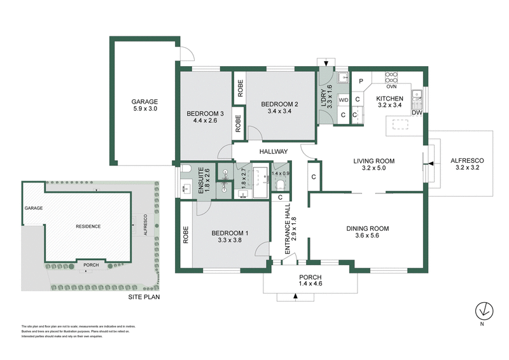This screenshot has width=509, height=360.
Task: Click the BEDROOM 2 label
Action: pos(280,104)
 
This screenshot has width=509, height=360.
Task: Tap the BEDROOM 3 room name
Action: pos(202,114)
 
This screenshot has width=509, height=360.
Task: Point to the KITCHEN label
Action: pos(389,99)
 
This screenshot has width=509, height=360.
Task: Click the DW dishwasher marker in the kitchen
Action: pos(417,113)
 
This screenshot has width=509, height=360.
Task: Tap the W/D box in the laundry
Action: pos(343,100)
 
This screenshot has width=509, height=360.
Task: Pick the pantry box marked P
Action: pos(361,81)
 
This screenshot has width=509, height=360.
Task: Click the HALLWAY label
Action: pos(274,151)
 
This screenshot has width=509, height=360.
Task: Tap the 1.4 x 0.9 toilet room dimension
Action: pos(280,174)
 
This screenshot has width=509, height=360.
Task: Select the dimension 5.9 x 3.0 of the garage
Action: pos(144,109)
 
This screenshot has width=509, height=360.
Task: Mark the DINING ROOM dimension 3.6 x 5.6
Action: pos(367,237)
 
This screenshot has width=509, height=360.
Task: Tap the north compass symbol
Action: pos(484,310)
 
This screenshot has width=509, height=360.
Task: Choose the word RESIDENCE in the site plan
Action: pos(88,226)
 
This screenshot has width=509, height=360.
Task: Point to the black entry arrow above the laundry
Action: pos(326,63)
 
